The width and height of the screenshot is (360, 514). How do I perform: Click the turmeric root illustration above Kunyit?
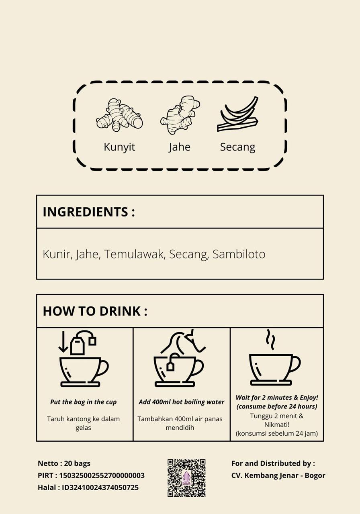pyautogui.click(x=119, y=115)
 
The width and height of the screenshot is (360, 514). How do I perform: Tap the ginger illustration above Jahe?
pyautogui.click(x=180, y=115)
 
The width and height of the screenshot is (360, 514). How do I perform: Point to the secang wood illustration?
pyautogui.click(x=237, y=114)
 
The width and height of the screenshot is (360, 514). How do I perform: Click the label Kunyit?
pyautogui.click(x=119, y=147)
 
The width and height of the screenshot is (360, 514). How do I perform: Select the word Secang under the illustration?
pyautogui.click(x=237, y=147)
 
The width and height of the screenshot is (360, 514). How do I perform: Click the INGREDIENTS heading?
pyautogui.click(x=89, y=212)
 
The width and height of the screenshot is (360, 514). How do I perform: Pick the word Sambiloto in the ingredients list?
pyautogui.click(x=239, y=254)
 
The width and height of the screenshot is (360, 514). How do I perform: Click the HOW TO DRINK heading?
pyautogui.click(x=95, y=311)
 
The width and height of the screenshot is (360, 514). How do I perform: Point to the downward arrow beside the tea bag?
pyautogui.click(x=63, y=342)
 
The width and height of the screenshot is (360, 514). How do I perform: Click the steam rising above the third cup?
pyautogui.click(x=270, y=340)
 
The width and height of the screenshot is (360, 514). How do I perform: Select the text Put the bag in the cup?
pyautogui.click(x=83, y=402)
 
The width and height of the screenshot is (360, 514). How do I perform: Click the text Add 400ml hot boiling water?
pyautogui.click(x=181, y=402)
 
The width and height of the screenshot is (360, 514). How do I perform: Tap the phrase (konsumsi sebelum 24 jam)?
pyautogui.click(x=277, y=433)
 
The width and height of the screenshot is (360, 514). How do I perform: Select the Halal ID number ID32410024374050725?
pyautogui.click(x=100, y=487)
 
